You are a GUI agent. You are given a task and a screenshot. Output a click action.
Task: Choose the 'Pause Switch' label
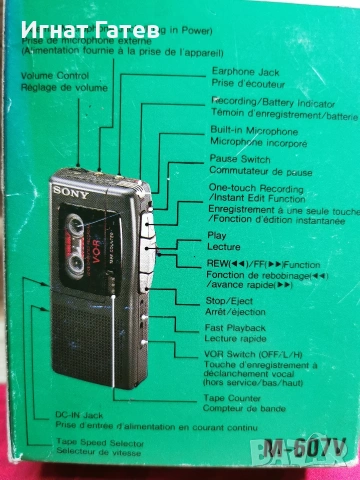[240, 158]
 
